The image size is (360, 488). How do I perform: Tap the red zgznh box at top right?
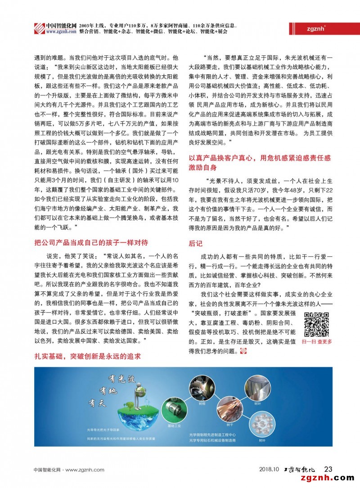click(312, 27)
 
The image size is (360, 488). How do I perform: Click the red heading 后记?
click(196, 243)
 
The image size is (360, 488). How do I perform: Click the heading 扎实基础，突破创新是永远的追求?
click(88, 356)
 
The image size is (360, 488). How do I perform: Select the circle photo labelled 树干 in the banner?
click(229, 410)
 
